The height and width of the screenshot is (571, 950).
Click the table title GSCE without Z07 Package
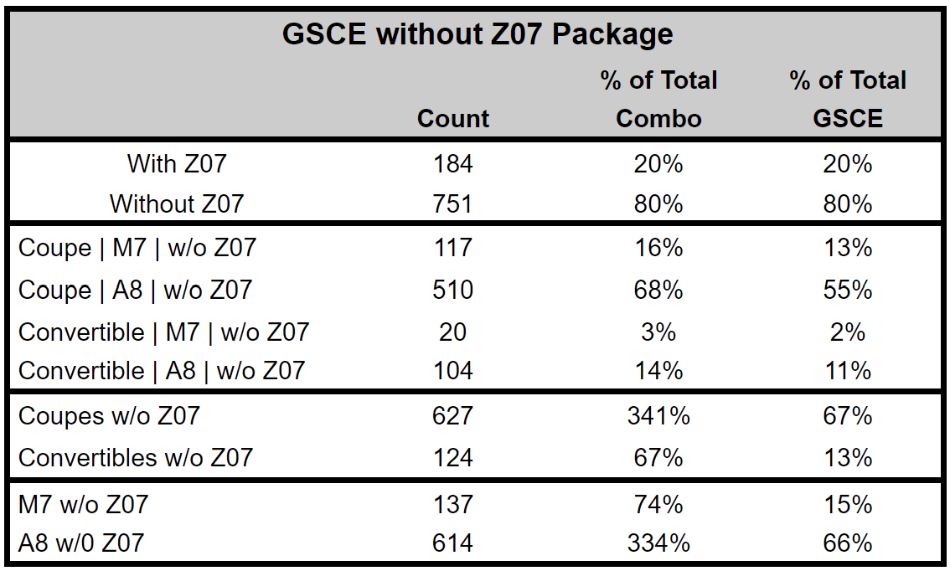[x=477, y=34]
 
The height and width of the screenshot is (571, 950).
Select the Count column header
[x=453, y=119]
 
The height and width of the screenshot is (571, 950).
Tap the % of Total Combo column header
[x=658, y=100]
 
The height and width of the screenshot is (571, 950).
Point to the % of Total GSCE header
[x=848, y=100]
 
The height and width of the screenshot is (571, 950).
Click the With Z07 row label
[x=177, y=163]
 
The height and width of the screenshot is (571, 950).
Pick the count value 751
[x=453, y=203]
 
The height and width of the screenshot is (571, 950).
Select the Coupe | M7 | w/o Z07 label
[x=137, y=248]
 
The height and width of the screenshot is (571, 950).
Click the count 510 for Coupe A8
[x=453, y=290]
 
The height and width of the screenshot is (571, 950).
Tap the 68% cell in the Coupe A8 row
[x=658, y=290]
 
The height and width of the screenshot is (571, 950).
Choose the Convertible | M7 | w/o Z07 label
[x=164, y=332]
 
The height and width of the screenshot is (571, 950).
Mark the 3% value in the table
[x=658, y=332]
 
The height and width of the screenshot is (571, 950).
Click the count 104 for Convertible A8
[x=453, y=370]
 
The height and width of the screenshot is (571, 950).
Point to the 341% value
[x=658, y=416]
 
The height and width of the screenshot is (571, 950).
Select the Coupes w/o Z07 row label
[x=109, y=416]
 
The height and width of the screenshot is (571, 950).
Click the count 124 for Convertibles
[x=453, y=458]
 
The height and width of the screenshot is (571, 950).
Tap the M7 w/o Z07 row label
[x=84, y=504]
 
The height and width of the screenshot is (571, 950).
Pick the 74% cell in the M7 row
[x=658, y=504]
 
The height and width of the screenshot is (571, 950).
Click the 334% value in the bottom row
[x=658, y=543]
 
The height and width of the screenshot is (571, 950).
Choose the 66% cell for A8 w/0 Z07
[x=848, y=543]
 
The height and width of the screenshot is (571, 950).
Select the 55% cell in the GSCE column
[x=848, y=290]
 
